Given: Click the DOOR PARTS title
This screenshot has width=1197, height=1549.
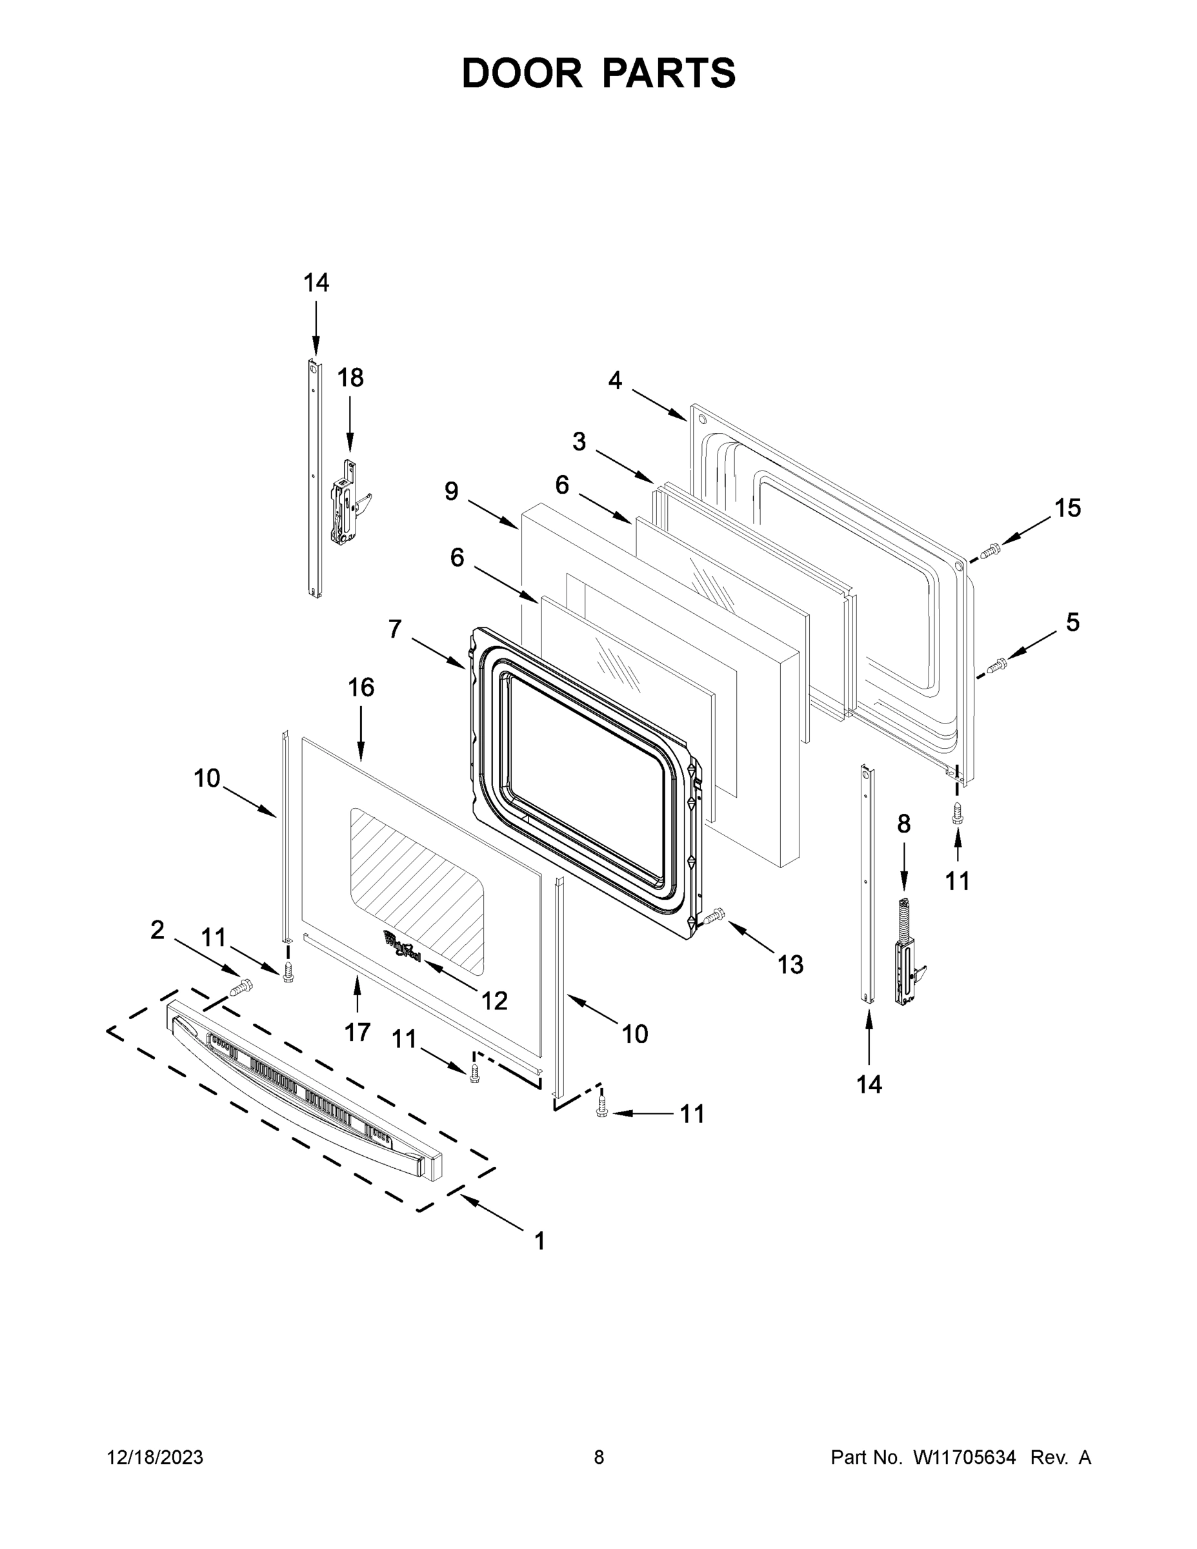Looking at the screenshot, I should tap(599, 74).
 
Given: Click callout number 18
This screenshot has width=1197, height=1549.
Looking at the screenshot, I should tap(350, 378).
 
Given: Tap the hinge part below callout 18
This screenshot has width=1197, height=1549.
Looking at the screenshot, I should tap(347, 503).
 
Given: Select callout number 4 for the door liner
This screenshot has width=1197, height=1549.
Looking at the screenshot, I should tap(615, 381).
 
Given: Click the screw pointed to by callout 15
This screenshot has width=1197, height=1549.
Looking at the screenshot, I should tap(990, 550).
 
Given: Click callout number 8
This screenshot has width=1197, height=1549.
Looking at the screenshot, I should tap(903, 824).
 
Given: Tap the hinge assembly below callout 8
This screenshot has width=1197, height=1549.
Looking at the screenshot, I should tap(907, 954).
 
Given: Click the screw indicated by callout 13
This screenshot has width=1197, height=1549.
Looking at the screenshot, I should tap(715, 916).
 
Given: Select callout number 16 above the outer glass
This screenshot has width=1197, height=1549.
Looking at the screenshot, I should tap(361, 687).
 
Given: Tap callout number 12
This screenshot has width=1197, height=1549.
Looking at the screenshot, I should tap(494, 1001).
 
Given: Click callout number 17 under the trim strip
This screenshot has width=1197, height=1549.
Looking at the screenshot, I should tap(357, 1033).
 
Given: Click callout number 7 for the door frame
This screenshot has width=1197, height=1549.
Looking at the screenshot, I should tap(395, 629).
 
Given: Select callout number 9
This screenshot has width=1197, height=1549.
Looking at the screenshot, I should tap(452, 491).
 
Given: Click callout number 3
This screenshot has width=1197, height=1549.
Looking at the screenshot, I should tap(579, 441).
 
